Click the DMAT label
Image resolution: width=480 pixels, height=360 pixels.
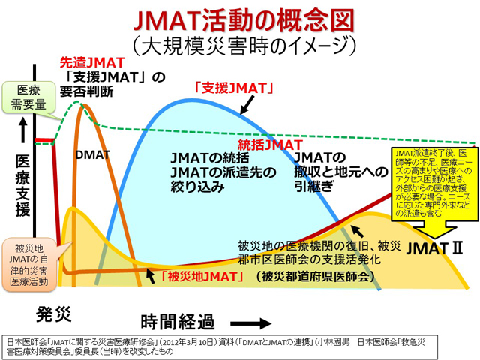coord(93,155)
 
